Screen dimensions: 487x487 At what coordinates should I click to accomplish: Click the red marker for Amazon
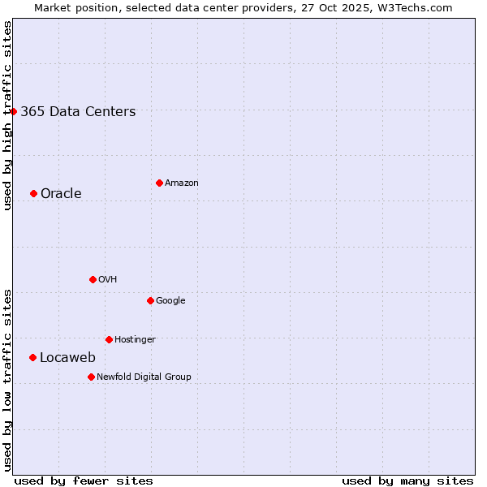pos(159,183)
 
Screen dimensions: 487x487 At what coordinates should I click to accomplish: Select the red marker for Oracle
pos(33,193)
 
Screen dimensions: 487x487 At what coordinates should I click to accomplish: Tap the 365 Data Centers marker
pos(14,111)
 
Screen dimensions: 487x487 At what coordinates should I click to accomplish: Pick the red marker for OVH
pos(93,279)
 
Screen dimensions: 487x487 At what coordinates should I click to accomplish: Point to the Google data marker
pos(150,300)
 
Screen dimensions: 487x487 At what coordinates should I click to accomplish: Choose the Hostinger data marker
pos(109,339)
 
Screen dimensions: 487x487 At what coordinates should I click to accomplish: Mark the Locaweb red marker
pos(32,357)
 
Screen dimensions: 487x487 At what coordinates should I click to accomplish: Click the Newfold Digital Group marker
pos(91,377)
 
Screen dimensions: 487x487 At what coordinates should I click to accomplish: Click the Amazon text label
pos(182,183)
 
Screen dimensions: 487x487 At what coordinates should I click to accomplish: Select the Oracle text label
pos(61,193)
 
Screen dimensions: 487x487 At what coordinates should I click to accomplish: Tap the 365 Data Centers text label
pos(78,112)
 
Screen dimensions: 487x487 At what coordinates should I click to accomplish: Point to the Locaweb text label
pos(67,358)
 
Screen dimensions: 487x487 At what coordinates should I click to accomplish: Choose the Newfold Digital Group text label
pos(144,377)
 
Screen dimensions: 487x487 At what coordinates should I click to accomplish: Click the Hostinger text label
pos(135,339)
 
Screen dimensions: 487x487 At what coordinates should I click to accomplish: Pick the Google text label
pos(170,300)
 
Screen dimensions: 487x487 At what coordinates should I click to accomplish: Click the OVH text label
pos(108,279)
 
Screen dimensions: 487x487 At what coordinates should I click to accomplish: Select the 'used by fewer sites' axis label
pos(84,481)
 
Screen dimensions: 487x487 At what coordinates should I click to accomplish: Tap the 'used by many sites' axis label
pos(407,481)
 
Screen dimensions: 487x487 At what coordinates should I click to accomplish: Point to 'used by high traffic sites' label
pos(7,115)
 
